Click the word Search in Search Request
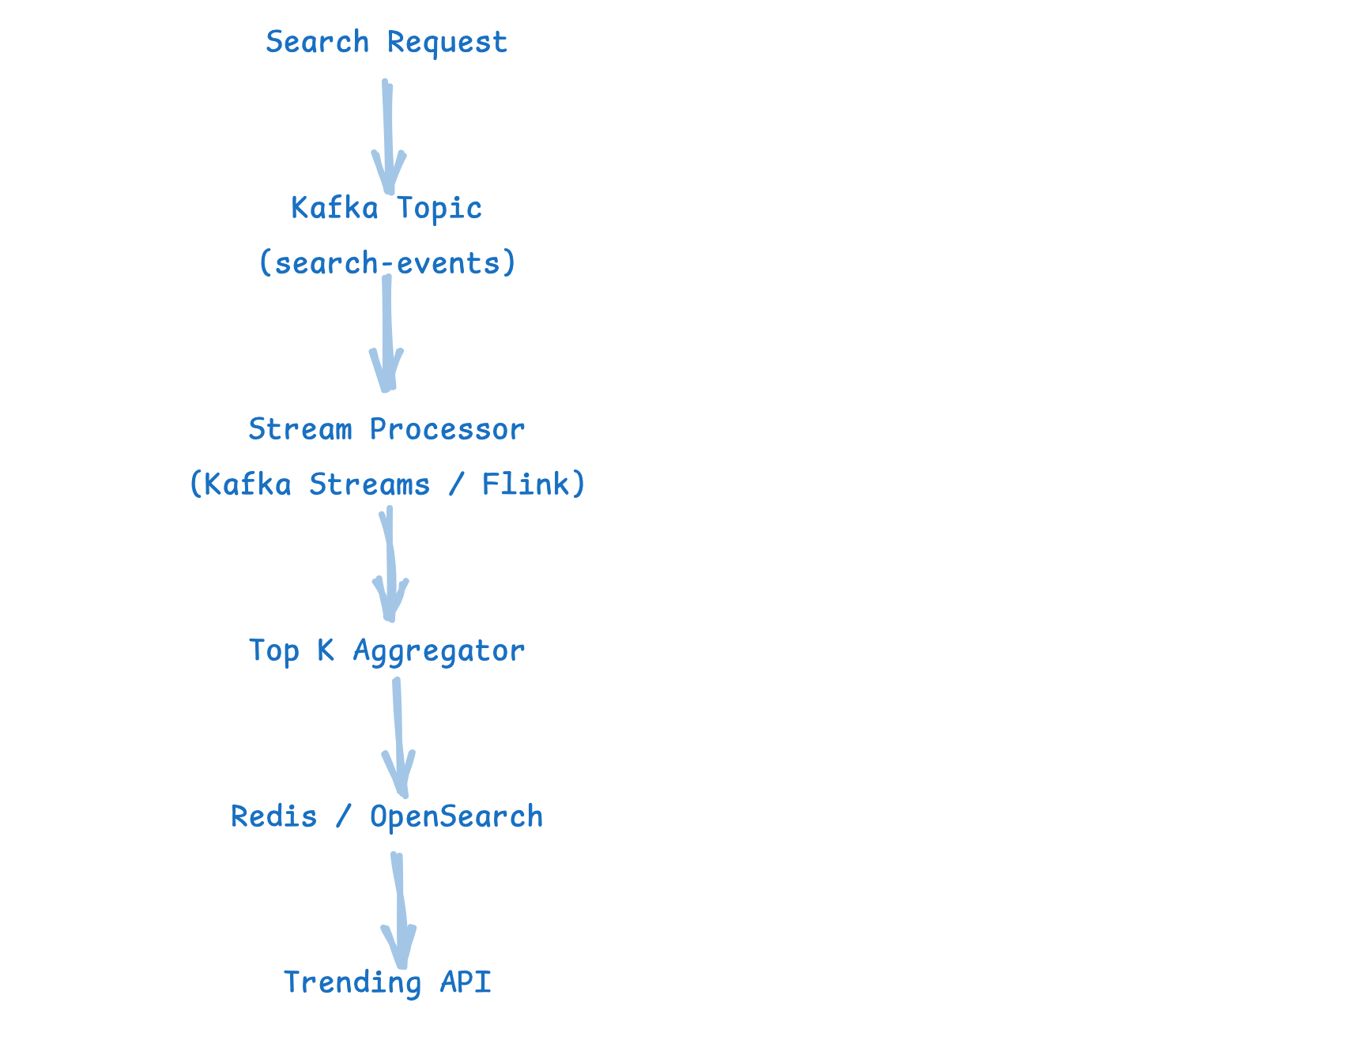tap(317, 42)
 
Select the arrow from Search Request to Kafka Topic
tap(388, 137)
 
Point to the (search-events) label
tap(387, 262)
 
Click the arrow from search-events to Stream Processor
tap(387, 333)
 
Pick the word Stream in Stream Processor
tap(300, 429)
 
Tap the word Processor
tap(447, 429)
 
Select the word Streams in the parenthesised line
tap(370, 484)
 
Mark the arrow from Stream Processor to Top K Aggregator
tap(390, 564)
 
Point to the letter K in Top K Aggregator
tap(326, 650)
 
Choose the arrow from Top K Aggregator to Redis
tap(398, 737)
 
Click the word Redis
tap(273, 816)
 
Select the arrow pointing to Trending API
tap(399, 910)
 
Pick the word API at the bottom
tap(466, 982)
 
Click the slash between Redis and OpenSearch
tap(343, 816)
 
